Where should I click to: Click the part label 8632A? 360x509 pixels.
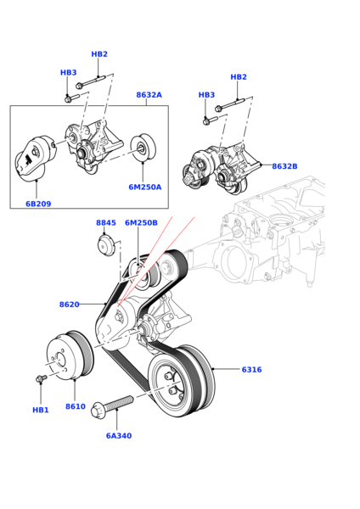tap(149, 95)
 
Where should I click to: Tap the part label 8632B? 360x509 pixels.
tap(284, 166)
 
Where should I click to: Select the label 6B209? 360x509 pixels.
tap(38, 204)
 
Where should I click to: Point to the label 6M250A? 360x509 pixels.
tap(145, 187)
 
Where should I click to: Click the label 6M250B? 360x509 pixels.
tap(141, 222)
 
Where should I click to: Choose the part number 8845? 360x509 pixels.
tap(106, 222)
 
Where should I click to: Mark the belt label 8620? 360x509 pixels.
tap(70, 305)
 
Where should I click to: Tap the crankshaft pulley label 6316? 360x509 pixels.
tap(251, 369)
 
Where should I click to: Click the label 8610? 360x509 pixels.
tap(76, 406)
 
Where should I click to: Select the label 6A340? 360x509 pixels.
tap(119, 436)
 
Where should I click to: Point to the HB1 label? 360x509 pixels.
tap(41, 410)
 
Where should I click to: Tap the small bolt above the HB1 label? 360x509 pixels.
tap(41, 378)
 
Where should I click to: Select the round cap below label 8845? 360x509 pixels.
tap(106, 245)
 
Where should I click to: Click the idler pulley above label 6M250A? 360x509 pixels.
tap(143, 148)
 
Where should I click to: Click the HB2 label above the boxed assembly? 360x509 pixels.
tap(99, 54)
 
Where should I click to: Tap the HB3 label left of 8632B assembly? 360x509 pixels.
tap(206, 95)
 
